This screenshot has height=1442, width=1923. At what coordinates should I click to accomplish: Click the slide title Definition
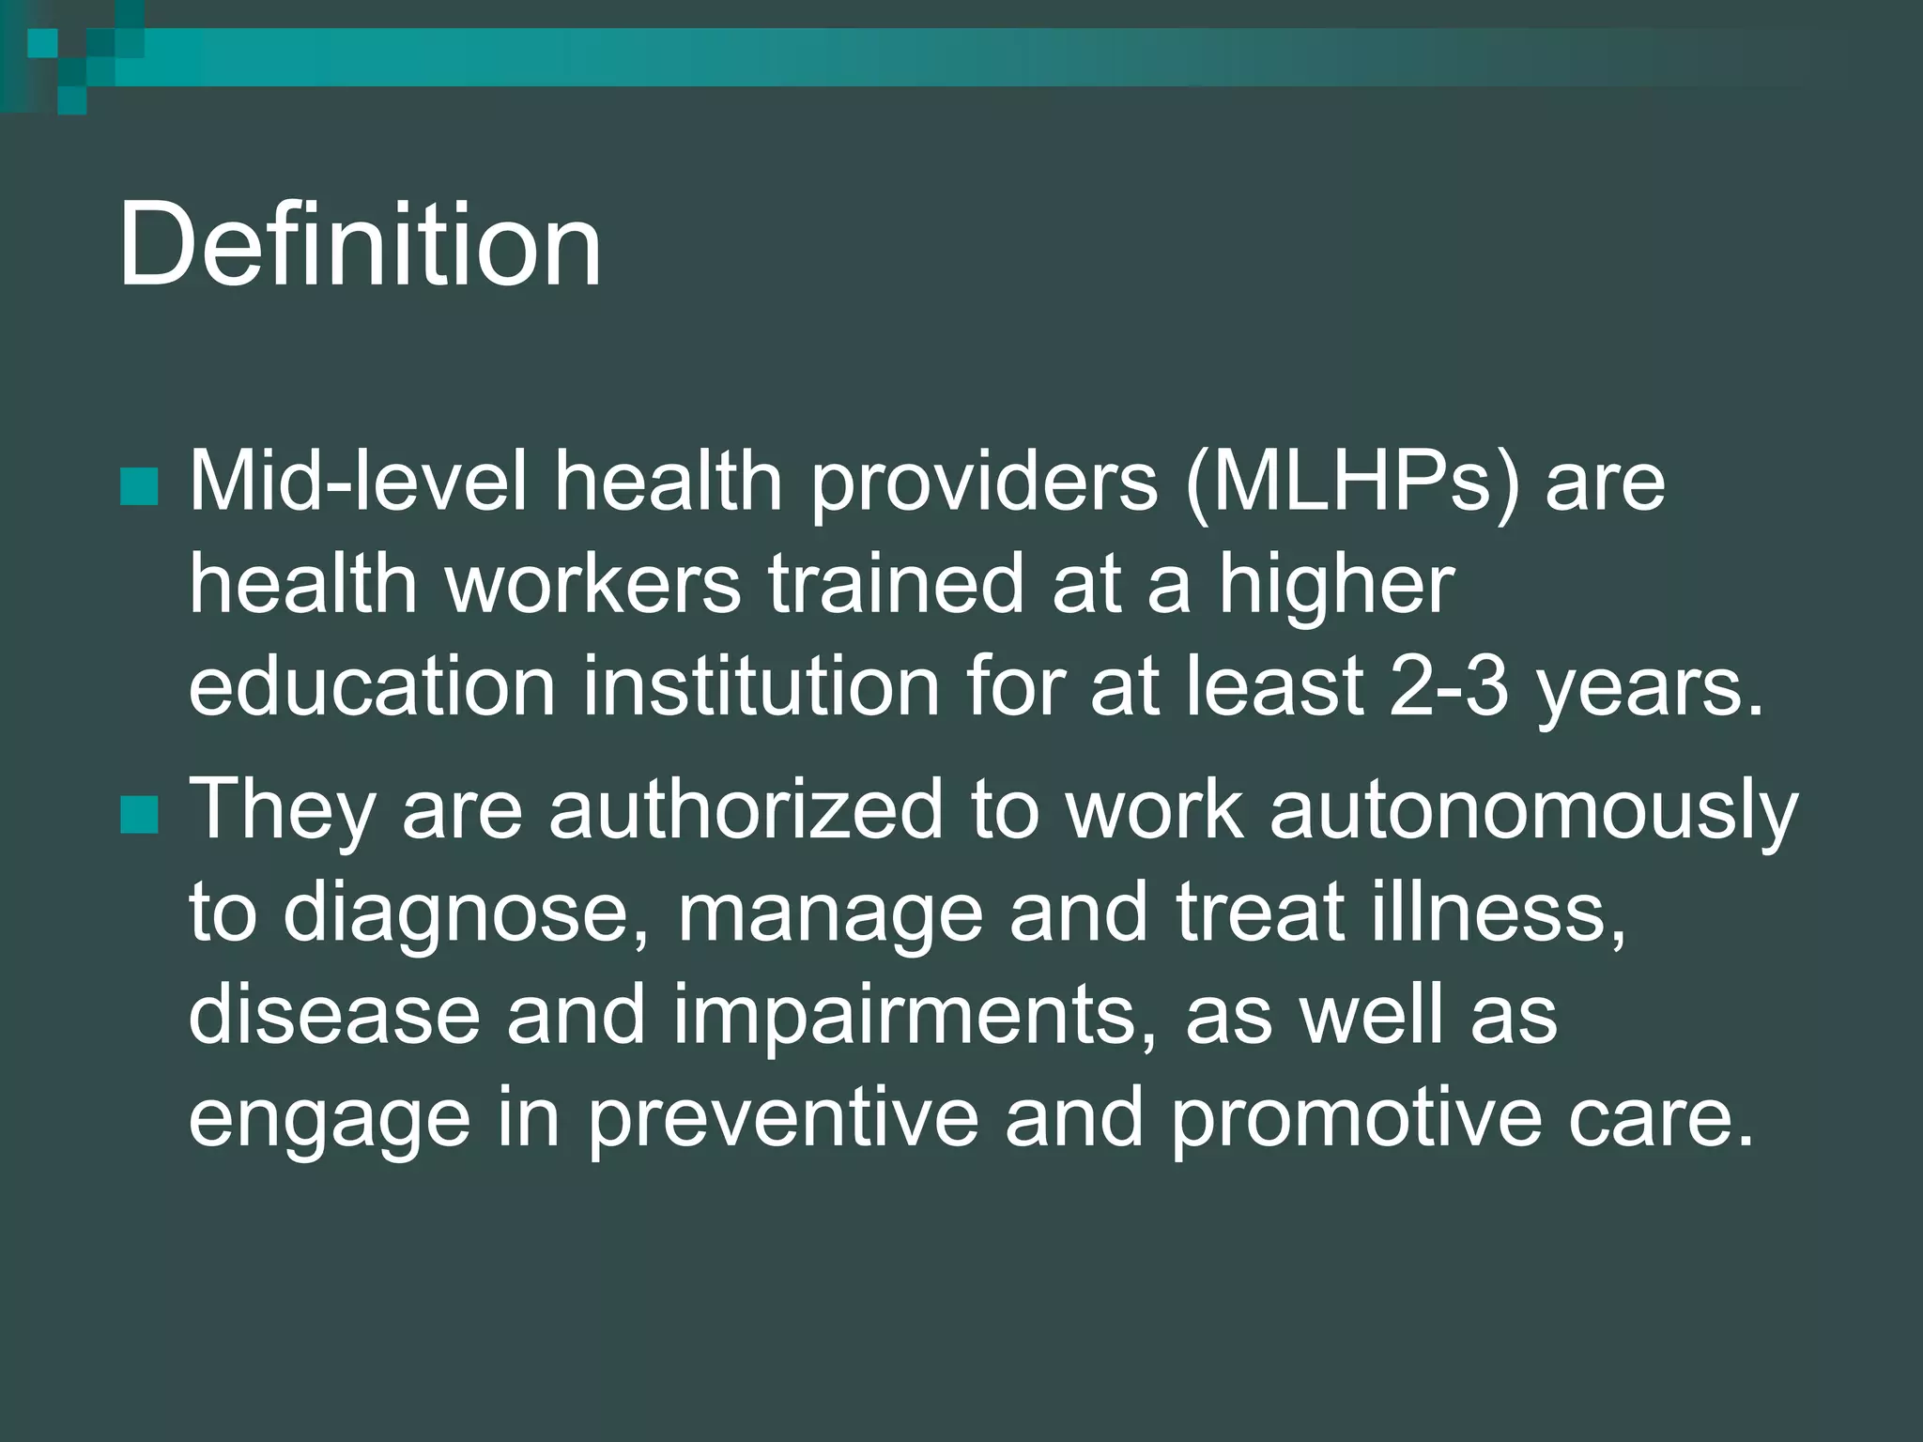coord(359,246)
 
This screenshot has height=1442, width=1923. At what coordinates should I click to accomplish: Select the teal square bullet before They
coord(139,815)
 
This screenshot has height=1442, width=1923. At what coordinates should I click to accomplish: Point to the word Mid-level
coord(358,482)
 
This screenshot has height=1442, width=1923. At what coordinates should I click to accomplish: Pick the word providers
coord(984,483)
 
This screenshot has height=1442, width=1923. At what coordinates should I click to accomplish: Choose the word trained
coord(896,584)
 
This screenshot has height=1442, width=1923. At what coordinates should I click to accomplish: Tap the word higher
coord(1336,586)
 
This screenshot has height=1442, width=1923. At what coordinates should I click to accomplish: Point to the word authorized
coord(746,809)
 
